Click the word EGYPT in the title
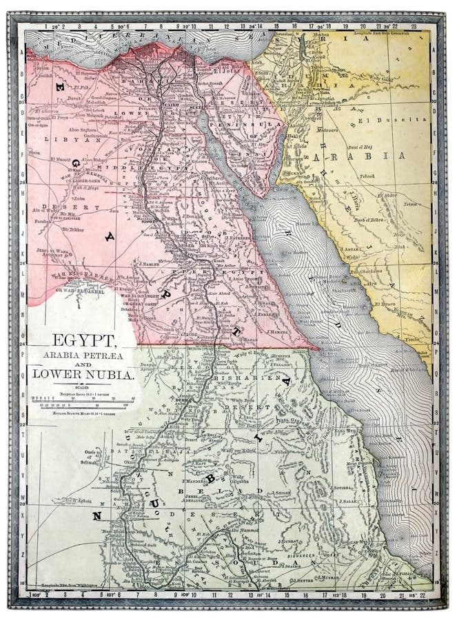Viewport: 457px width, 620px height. pyautogui.click(x=77, y=341)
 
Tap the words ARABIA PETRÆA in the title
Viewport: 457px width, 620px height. pyautogui.click(x=77, y=354)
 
